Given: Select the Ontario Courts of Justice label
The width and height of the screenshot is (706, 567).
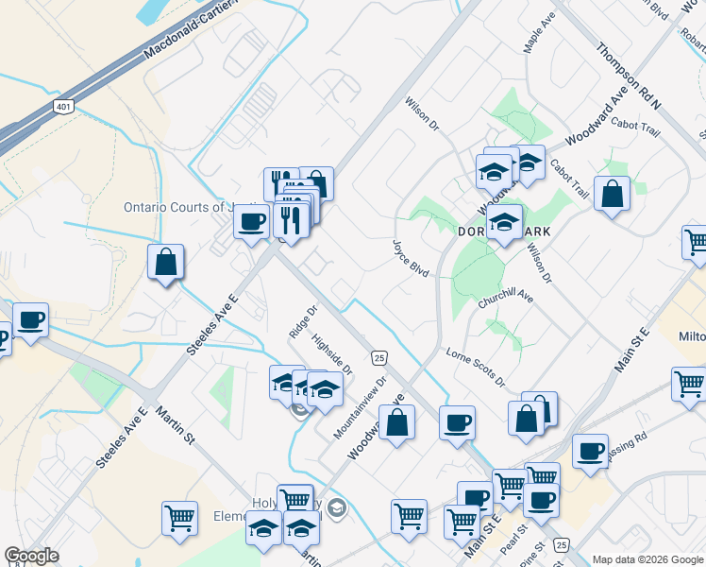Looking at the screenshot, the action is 179,207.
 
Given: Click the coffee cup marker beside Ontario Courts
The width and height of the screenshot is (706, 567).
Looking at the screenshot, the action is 251,222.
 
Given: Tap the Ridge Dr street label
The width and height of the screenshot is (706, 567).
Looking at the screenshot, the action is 301,321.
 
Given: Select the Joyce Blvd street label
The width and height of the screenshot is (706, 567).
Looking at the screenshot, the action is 412,258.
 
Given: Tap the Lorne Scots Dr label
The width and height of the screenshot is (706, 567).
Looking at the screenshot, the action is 476,367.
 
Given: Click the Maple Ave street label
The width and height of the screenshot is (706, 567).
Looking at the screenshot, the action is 540,32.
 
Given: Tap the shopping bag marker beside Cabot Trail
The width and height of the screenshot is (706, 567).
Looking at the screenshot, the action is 613,195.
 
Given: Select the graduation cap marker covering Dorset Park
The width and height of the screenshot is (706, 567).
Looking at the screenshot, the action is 505,223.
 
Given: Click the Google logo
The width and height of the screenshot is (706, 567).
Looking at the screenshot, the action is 31,556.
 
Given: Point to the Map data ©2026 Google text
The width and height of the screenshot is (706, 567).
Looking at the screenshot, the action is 647,559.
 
